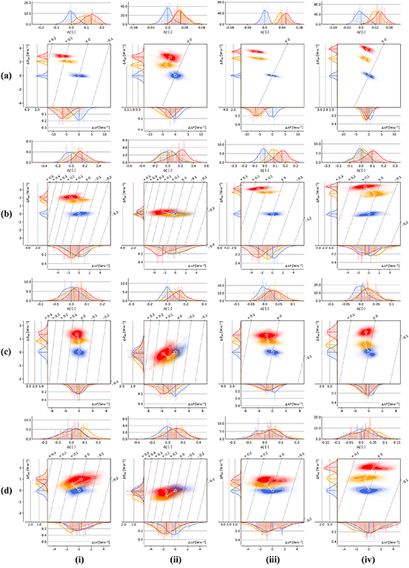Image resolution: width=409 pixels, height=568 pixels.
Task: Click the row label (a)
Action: coord(8,76)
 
